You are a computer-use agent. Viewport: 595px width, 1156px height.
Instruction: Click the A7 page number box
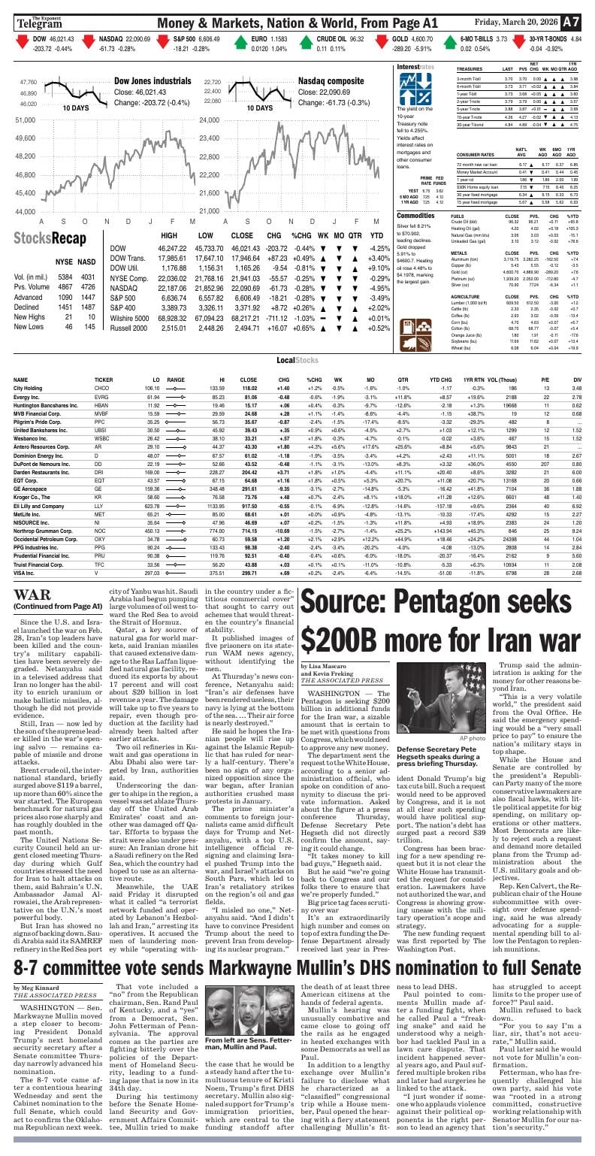pos(571,22)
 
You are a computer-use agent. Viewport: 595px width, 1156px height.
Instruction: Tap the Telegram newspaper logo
pos(40,24)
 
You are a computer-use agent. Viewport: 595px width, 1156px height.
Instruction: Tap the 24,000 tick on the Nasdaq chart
pos(209,120)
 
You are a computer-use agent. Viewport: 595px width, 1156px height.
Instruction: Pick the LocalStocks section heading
pos(297,361)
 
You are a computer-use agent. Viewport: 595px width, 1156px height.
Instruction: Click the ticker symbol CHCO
pos(102,389)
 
